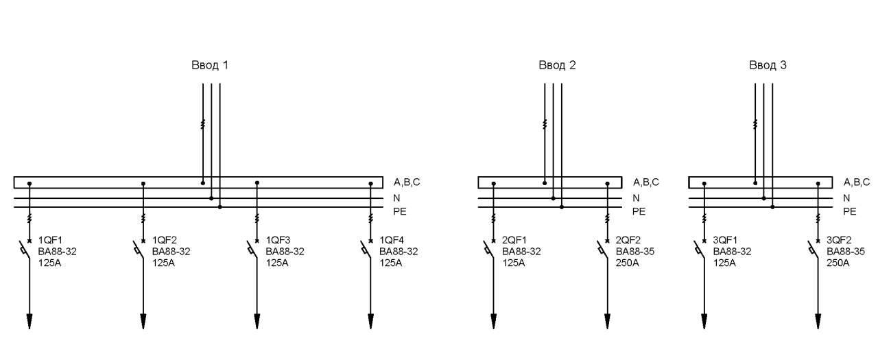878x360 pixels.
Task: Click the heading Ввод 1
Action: [x=210, y=65]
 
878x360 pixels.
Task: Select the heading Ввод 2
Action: [x=557, y=65]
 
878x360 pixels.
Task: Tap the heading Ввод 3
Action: [x=768, y=65]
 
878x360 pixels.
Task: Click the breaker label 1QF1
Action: [x=50, y=240]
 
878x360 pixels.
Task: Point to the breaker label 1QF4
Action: [x=392, y=240]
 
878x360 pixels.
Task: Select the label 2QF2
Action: [x=628, y=240]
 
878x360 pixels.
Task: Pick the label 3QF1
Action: [x=725, y=240]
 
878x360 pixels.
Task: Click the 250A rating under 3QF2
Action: [x=838, y=263]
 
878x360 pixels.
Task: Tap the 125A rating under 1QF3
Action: [x=277, y=263]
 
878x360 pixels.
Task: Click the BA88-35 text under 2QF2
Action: [x=635, y=252]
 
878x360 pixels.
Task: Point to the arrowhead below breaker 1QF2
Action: [x=143, y=321]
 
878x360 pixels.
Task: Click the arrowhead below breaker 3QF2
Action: [x=818, y=321]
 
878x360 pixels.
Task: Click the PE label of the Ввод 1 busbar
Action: [x=400, y=211]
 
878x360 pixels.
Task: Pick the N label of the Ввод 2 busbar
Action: [x=636, y=198]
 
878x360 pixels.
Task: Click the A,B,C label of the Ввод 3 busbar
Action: [x=857, y=182]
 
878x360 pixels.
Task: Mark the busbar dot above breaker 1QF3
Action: [x=257, y=183]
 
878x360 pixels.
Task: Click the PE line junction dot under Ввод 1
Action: [x=220, y=207]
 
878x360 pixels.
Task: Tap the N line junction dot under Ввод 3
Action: [x=763, y=198]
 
